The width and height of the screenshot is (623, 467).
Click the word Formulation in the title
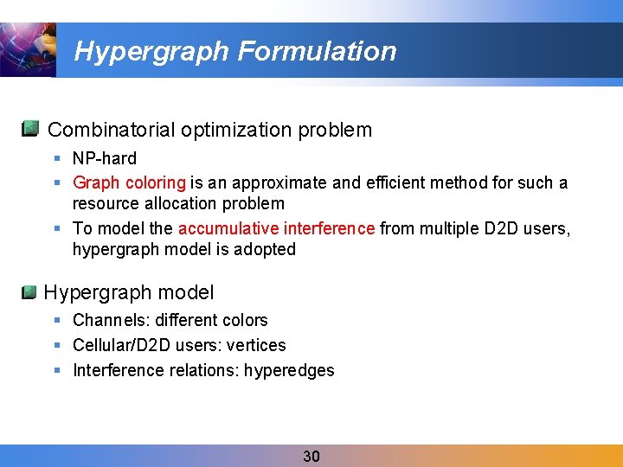(316, 52)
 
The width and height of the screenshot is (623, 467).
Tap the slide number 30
(311, 457)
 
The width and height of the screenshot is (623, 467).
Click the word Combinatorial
(112, 131)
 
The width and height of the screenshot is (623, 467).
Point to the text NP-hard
(105, 158)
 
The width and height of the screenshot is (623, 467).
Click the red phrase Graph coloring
(130, 182)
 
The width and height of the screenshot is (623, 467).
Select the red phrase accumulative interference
(276, 228)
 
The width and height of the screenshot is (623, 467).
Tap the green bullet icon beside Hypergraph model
(29, 292)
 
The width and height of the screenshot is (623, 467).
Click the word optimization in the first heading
(237, 131)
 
